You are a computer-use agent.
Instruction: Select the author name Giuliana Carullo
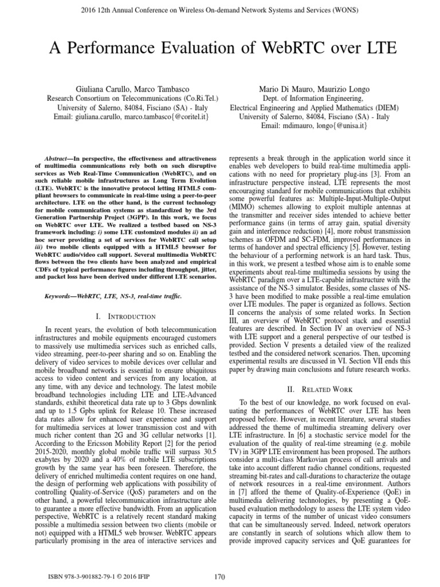(104, 89)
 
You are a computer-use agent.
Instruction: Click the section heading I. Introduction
(127, 316)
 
